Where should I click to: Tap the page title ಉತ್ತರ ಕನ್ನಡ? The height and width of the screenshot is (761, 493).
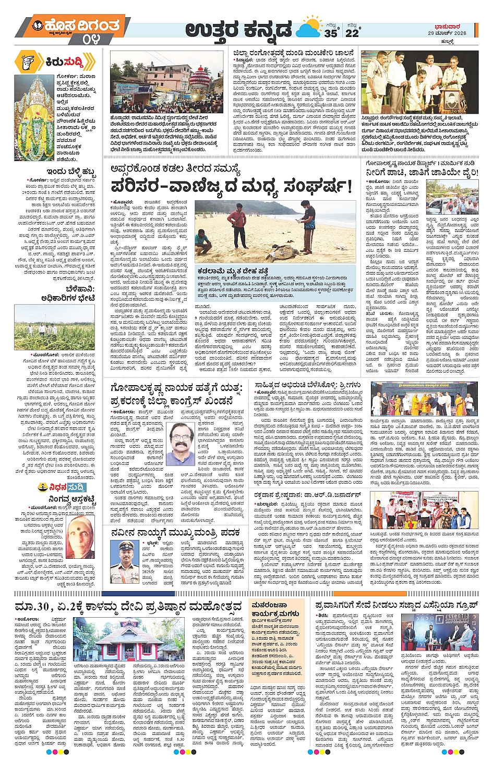click(238, 31)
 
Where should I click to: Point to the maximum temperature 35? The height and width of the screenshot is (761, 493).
click(331, 33)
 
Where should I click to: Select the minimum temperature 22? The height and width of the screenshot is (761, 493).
click(352, 33)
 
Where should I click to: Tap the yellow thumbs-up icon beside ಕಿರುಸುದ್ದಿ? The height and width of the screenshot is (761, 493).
click(27, 62)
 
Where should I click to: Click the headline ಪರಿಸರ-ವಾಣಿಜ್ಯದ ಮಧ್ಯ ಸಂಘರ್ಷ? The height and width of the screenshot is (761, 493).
click(232, 186)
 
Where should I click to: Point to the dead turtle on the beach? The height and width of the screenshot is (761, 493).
click(276, 253)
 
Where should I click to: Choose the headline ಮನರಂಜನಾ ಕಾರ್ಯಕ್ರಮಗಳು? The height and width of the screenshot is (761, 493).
click(275, 609)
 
